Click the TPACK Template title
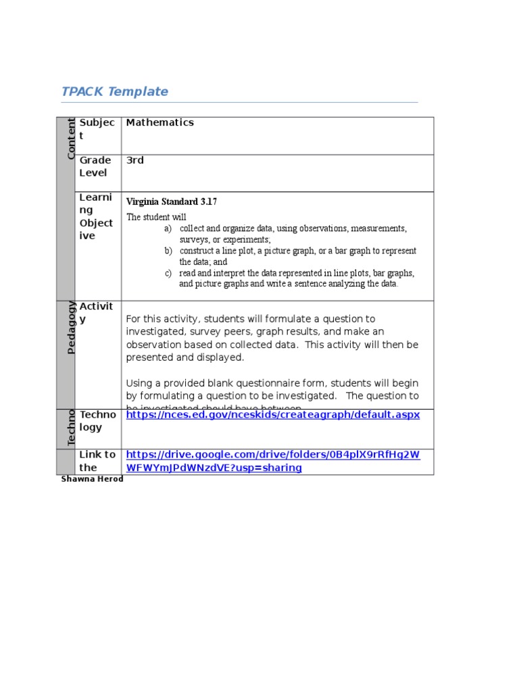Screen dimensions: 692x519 pos(114,92)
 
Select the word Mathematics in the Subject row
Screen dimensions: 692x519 pos(159,122)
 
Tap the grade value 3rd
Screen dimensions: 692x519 pos(134,160)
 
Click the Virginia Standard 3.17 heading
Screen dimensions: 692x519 pos(172,201)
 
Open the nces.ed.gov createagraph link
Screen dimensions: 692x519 pos(272,414)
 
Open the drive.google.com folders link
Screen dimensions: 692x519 pos(272,461)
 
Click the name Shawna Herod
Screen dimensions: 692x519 pos(92,479)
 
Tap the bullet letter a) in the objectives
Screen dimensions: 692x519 pos(168,229)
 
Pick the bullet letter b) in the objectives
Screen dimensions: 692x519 pos(168,251)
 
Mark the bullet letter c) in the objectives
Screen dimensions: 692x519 pos(168,273)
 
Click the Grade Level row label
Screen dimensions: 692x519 pos(95,166)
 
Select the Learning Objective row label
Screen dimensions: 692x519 pos(97,216)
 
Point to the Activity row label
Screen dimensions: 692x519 pos(97,313)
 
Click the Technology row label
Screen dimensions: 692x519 pos(97,420)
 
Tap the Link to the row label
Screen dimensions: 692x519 pos(97,461)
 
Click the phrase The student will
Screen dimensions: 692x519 pos(156,217)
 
